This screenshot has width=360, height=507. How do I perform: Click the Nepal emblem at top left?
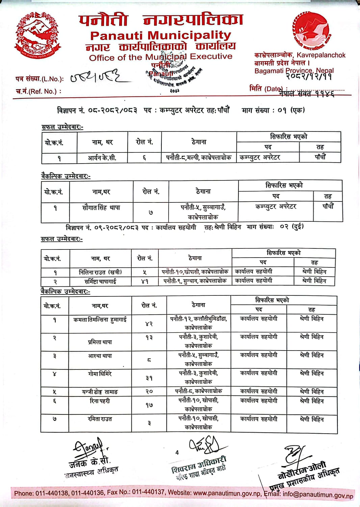point(36,35)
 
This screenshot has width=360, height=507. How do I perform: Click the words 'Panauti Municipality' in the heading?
point(161,35)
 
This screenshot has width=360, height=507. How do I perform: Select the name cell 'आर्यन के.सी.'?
point(102,158)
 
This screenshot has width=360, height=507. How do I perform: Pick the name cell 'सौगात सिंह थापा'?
point(101,208)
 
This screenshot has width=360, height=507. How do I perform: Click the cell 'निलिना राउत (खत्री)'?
point(100,272)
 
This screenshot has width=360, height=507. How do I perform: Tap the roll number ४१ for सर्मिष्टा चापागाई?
point(145,281)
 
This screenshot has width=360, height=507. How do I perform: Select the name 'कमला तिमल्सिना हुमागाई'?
point(100,320)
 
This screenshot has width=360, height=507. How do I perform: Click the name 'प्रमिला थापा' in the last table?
point(100,342)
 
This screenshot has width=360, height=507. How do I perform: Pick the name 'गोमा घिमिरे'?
point(100,374)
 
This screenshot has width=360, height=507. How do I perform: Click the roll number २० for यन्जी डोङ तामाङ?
point(149,391)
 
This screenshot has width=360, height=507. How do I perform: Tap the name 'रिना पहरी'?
point(100,401)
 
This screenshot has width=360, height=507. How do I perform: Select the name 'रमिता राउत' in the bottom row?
point(100,419)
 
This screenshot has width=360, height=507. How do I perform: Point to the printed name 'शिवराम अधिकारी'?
point(199,465)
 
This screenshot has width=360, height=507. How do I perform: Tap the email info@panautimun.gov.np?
point(318,495)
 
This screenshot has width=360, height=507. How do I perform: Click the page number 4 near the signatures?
point(177,453)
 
